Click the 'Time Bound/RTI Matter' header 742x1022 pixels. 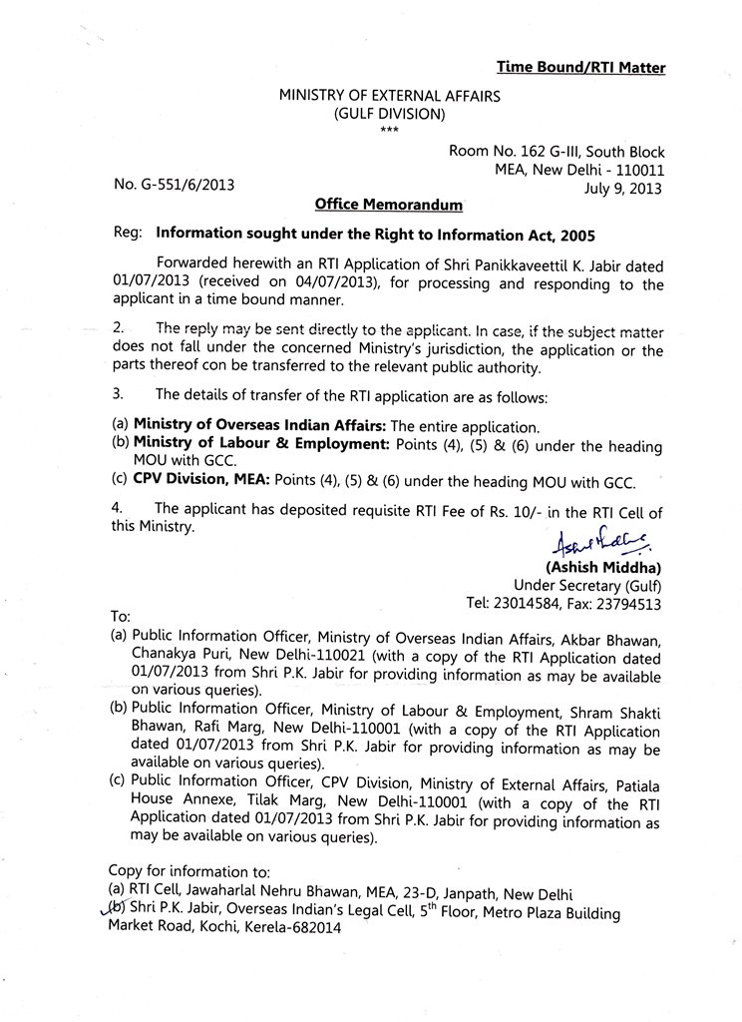tap(580, 67)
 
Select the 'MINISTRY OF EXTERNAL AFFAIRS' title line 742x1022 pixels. tap(389, 97)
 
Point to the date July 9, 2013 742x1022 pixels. tap(622, 187)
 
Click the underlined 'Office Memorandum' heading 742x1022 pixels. tap(388, 205)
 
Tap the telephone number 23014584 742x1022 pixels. tap(538, 603)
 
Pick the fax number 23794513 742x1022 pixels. tap(629, 603)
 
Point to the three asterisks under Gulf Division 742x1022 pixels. tap(389, 132)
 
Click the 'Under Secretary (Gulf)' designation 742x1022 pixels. tap(587, 585)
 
